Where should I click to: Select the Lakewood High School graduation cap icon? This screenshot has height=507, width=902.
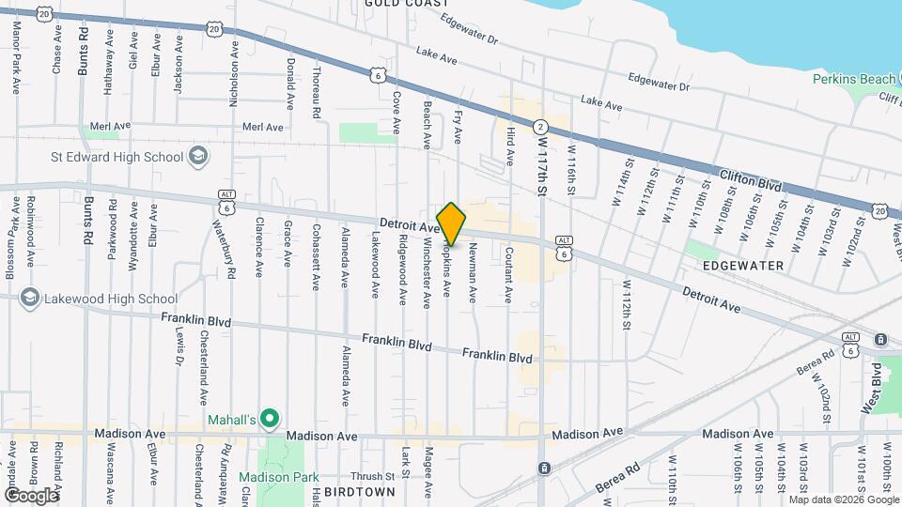[28, 299]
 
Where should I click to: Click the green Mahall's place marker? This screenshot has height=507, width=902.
[271, 417]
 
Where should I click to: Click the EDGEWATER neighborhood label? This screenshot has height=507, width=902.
[742, 267]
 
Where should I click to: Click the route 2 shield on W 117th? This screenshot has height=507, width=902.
[540, 126]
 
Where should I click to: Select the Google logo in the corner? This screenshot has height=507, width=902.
[31, 495]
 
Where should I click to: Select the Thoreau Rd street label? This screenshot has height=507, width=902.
[317, 88]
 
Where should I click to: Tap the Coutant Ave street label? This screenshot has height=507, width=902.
[508, 274]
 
